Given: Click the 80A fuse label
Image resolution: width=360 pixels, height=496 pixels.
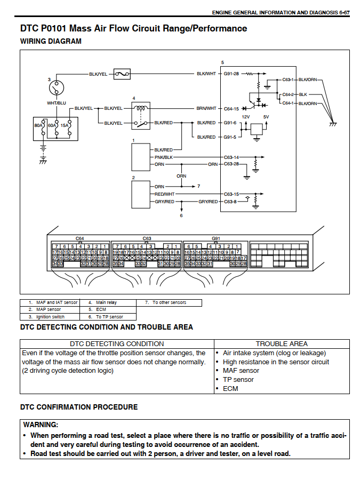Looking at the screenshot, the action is (x=38, y=125).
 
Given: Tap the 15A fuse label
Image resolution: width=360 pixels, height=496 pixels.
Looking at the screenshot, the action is (x=64, y=125).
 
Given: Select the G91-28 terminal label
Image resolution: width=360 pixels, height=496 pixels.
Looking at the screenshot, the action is (x=231, y=74).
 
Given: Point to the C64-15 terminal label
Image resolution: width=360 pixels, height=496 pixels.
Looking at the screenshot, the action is (x=231, y=109).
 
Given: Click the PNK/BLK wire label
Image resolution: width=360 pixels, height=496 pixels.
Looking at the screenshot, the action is (x=164, y=157).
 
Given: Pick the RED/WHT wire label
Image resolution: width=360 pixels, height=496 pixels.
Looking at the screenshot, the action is (x=164, y=194).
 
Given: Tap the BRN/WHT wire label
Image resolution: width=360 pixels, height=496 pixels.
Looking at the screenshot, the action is (x=206, y=108).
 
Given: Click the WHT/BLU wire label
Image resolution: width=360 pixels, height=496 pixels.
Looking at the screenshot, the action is (x=57, y=103).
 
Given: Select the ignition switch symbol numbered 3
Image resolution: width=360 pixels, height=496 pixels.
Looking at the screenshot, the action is (x=57, y=88).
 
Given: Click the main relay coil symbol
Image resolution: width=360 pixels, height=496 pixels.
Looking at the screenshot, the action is (x=140, y=108).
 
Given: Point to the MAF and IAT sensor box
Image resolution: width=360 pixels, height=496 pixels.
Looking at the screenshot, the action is (x=141, y=157).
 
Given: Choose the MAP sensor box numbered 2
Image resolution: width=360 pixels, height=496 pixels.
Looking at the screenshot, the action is (x=141, y=195).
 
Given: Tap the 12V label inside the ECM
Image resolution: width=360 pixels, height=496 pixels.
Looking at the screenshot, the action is (x=246, y=117).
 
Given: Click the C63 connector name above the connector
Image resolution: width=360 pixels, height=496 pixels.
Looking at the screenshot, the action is (x=147, y=238).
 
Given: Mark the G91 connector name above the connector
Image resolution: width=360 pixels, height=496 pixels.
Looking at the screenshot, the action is (x=216, y=238).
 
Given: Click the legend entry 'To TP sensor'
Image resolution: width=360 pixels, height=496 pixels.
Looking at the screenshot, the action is (x=109, y=317).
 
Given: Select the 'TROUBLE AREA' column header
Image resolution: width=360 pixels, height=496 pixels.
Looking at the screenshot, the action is (x=282, y=344).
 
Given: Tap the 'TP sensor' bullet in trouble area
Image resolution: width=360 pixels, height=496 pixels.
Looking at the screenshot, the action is (x=238, y=380).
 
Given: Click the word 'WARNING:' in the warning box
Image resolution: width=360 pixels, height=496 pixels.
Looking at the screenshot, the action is (x=41, y=425).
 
